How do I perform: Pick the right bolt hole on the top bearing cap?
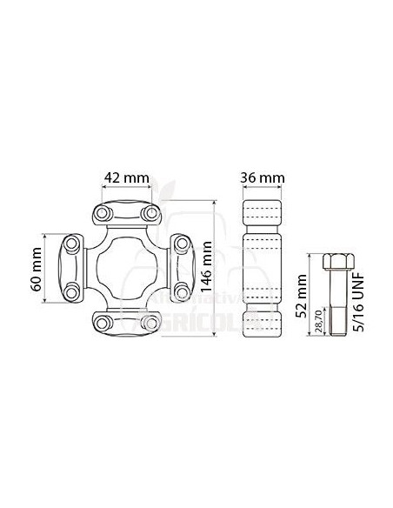click(150, 212)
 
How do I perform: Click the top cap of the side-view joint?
click(262, 214)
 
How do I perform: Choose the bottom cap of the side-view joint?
click(262, 322)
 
